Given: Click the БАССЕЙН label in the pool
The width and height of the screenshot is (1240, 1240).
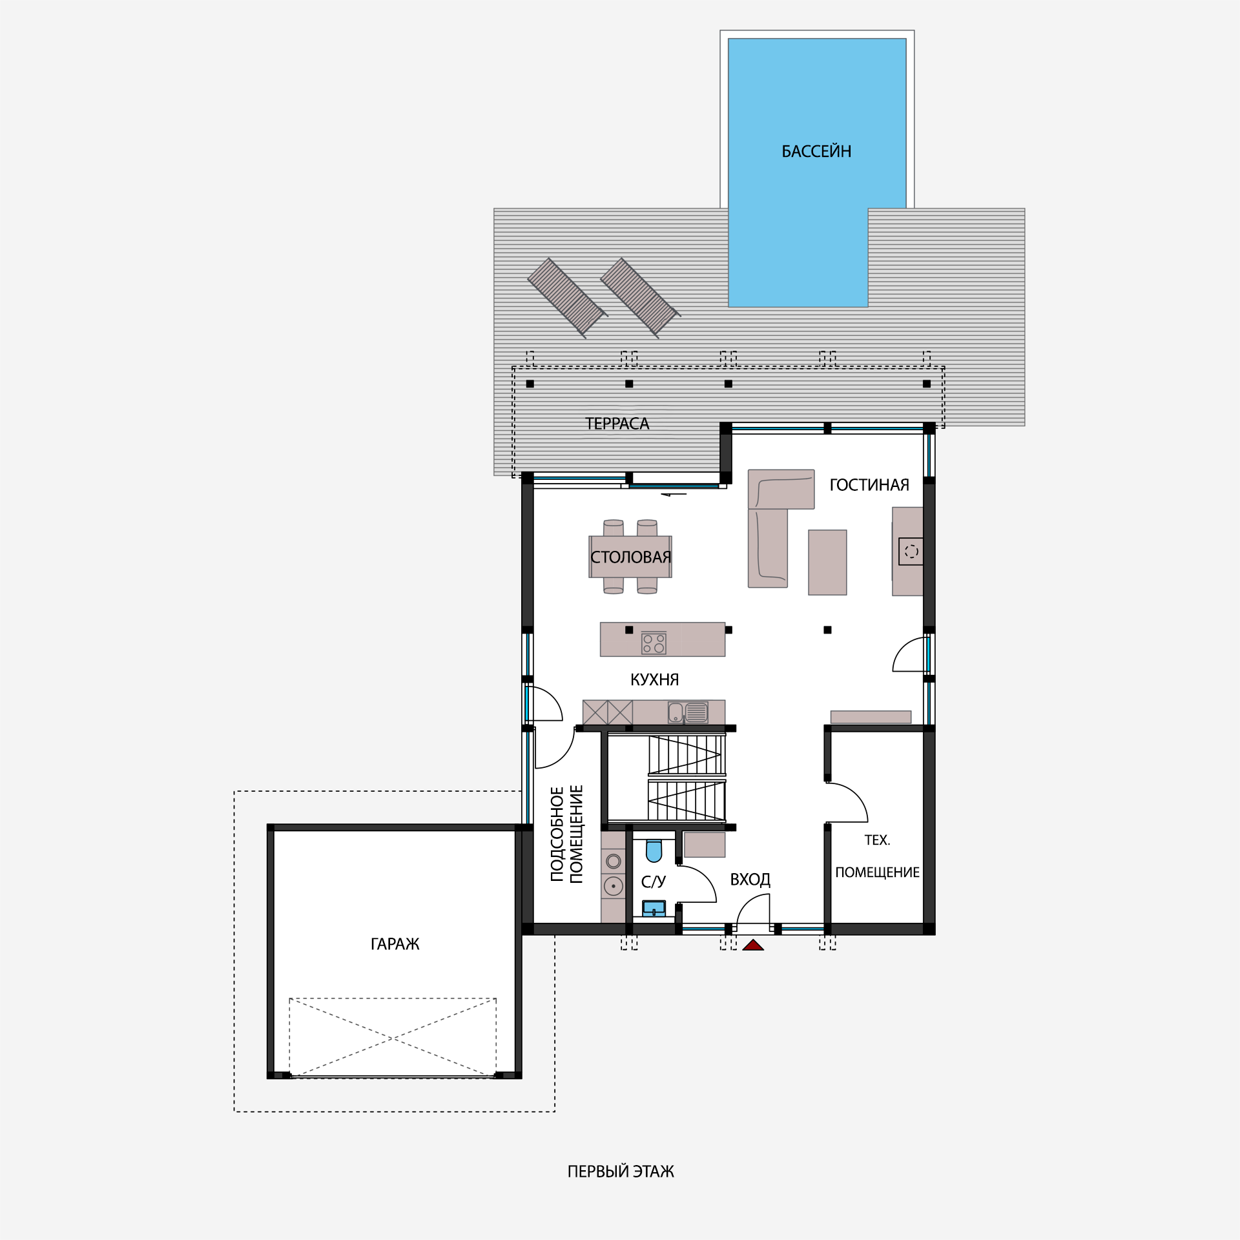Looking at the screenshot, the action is point(816,151).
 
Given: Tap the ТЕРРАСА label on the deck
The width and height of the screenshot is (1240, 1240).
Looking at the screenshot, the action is point(617,424).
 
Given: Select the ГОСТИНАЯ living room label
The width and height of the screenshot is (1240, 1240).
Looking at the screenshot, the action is point(869,484).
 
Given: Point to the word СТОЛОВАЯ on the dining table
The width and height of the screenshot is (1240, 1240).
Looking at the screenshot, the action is point(631,557).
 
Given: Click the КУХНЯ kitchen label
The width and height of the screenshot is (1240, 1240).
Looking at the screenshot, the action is point(654,679).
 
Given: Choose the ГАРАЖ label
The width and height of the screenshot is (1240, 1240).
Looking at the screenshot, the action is point(395,944).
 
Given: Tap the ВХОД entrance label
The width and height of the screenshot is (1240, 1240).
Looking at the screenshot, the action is point(750,880).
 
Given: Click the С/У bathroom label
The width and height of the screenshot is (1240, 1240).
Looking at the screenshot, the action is point(653,882).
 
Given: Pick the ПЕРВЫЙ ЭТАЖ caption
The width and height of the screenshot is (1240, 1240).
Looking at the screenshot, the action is point(621,1172).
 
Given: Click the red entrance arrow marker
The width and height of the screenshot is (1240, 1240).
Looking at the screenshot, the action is point(753,945).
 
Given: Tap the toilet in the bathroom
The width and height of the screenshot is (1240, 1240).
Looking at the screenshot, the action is point(654,851).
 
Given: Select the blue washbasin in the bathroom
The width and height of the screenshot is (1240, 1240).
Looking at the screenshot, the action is point(654,908).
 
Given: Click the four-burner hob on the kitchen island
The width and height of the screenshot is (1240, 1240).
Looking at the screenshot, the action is point(654,643).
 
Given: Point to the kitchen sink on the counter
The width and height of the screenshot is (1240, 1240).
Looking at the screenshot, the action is point(688,712).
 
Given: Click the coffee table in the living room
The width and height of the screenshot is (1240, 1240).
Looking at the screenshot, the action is point(827,563).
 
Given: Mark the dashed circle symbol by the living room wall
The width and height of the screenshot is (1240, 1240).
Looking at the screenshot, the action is point(911,552).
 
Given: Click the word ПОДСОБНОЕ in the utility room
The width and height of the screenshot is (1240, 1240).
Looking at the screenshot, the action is point(557,834).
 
